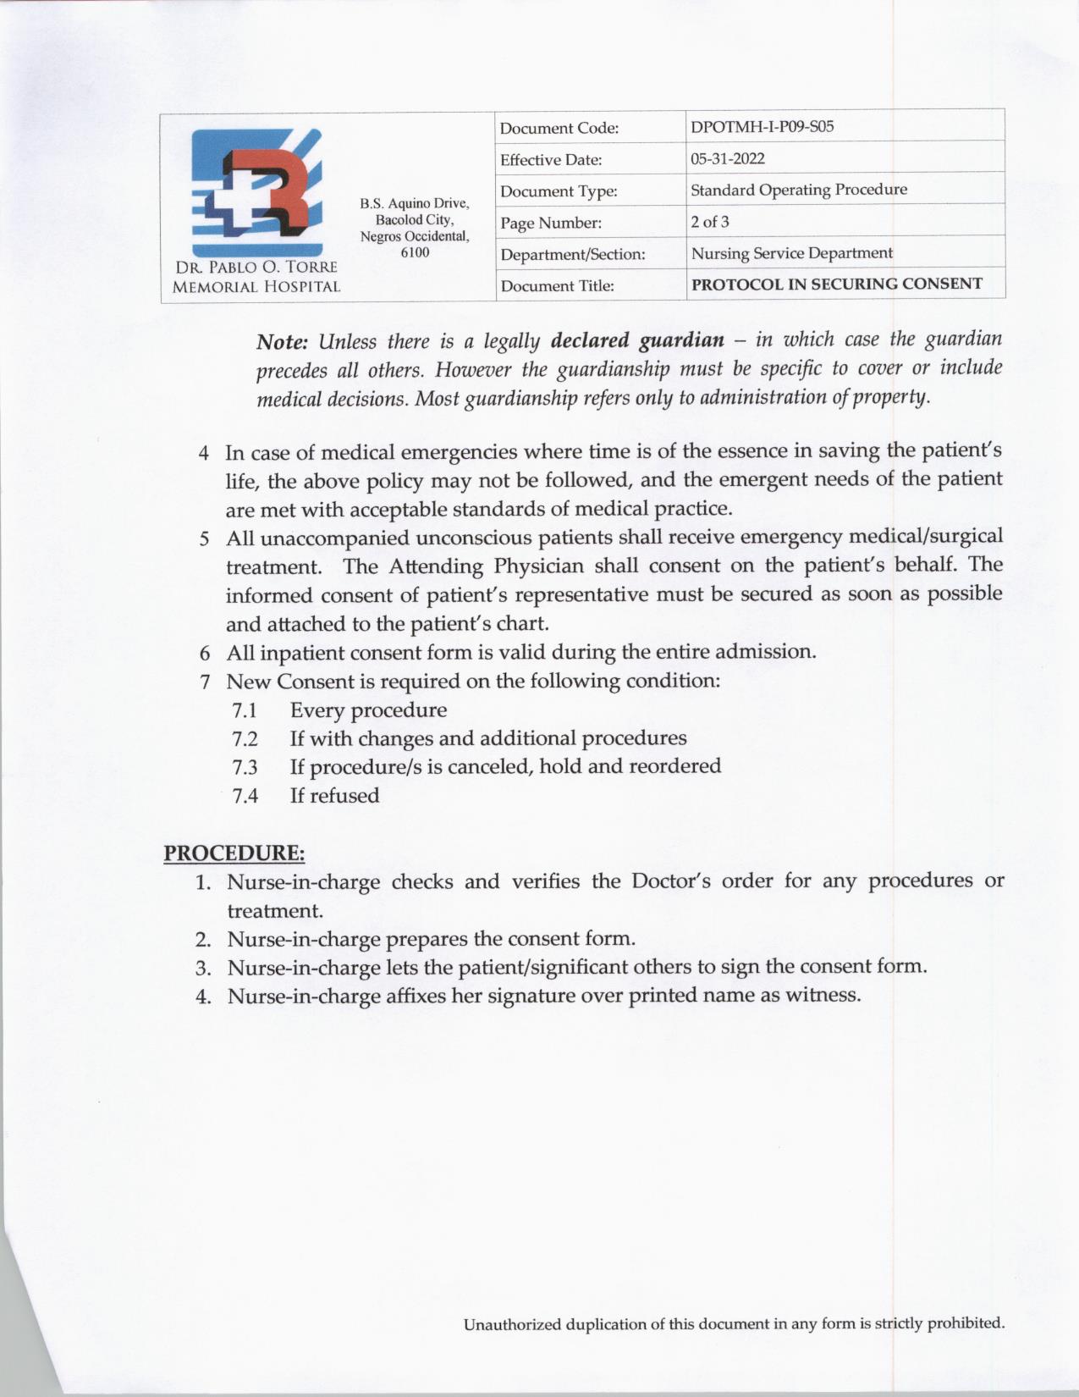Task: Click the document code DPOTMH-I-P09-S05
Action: pyautogui.click(x=762, y=127)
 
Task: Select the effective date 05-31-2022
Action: pyautogui.click(x=727, y=158)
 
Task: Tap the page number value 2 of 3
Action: pyautogui.click(x=709, y=222)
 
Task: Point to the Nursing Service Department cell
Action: pyautogui.click(x=791, y=253)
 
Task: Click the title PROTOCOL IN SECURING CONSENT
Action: pyautogui.click(x=836, y=284)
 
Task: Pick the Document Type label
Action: pyautogui.click(x=559, y=191)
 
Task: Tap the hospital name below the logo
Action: pyautogui.click(x=256, y=277)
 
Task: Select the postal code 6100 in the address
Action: pyautogui.click(x=415, y=252)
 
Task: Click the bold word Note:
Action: pyautogui.click(x=282, y=342)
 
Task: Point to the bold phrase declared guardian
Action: pyautogui.click(x=637, y=340)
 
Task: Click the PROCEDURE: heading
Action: pyautogui.click(x=234, y=853)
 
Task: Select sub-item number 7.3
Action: pyautogui.click(x=245, y=767)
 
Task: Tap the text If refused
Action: pyautogui.click(x=334, y=795)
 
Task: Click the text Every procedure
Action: pyautogui.click(x=368, y=710)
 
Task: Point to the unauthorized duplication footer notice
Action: pyautogui.click(x=734, y=1323)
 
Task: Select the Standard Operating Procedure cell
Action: pyautogui.click(x=798, y=190)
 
